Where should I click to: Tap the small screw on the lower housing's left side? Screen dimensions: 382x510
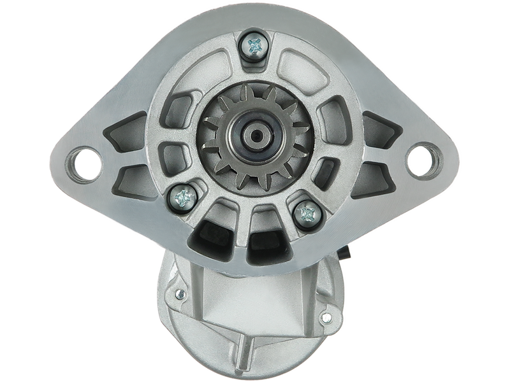[180, 294]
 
